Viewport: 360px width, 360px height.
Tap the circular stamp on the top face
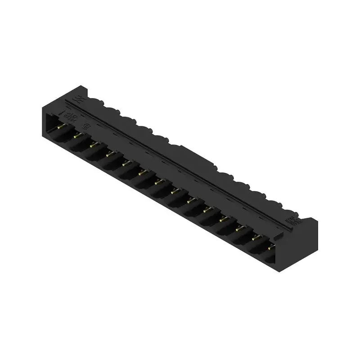[89, 127]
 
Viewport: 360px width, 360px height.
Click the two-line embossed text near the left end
[71, 116]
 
